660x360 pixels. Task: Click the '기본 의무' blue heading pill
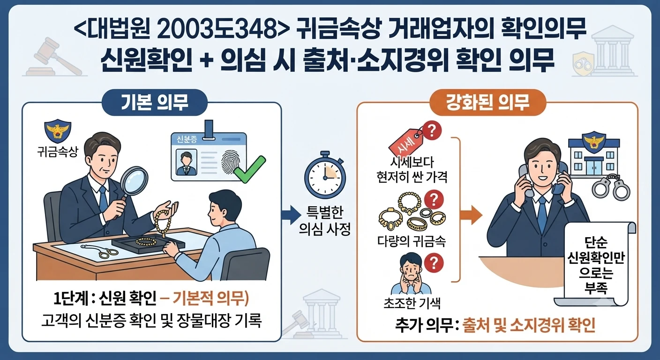click(x=155, y=103)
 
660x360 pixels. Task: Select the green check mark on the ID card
click(x=250, y=169)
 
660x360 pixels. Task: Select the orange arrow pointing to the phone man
click(x=471, y=215)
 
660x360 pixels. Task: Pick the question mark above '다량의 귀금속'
click(x=434, y=200)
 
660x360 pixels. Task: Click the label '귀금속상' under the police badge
click(x=58, y=153)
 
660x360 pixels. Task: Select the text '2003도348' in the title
click(x=215, y=30)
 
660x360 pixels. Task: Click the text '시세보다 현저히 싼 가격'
click(x=412, y=169)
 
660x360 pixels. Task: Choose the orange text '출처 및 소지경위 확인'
click(x=529, y=325)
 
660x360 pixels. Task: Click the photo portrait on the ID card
click(x=186, y=162)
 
